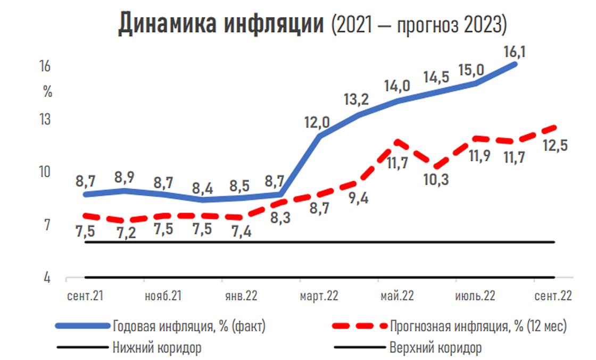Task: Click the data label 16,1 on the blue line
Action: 514,52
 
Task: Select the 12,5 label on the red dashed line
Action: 553,145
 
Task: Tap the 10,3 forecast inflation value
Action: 436,179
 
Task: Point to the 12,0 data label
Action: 317,123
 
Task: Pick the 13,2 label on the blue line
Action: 356,99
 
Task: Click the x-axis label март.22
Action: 319,296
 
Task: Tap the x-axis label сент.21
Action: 86,296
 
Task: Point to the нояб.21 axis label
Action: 163,296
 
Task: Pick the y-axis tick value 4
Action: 47,278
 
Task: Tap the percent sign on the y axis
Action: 48,91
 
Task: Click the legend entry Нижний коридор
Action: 157,348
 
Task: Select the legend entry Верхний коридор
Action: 435,348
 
